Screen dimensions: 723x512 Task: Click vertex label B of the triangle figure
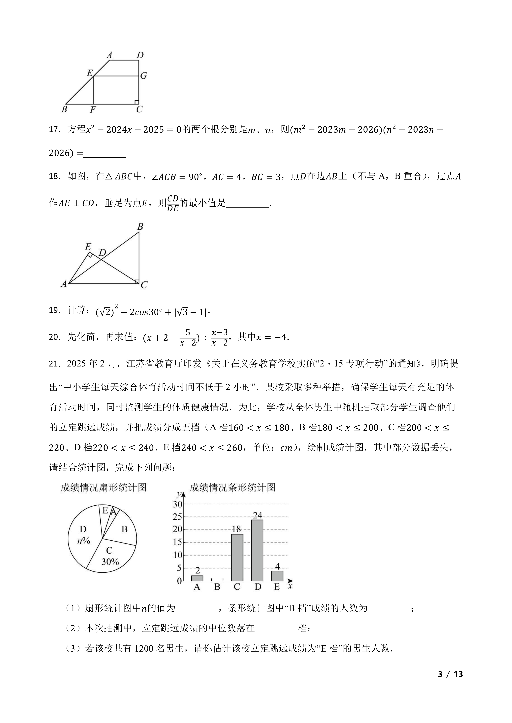(140, 227)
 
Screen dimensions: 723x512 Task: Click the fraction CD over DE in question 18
(173, 204)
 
